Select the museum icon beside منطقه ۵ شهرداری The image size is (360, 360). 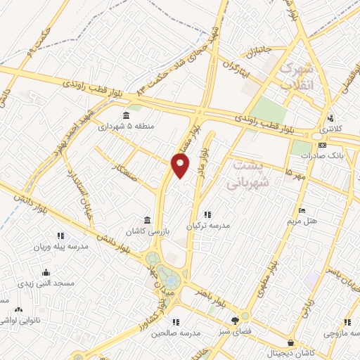click(x=127, y=115)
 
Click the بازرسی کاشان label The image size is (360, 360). click(x=145, y=231)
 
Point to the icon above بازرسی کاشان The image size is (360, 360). click(x=146, y=219)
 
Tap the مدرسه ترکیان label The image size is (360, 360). click(x=207, y=226)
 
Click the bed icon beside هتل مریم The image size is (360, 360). click(x=302, y=210)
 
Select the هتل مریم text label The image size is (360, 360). click(x=303, y=221)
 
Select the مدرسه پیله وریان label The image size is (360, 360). click(x=60, y=247)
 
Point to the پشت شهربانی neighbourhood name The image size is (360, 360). click(x=247, y=172)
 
